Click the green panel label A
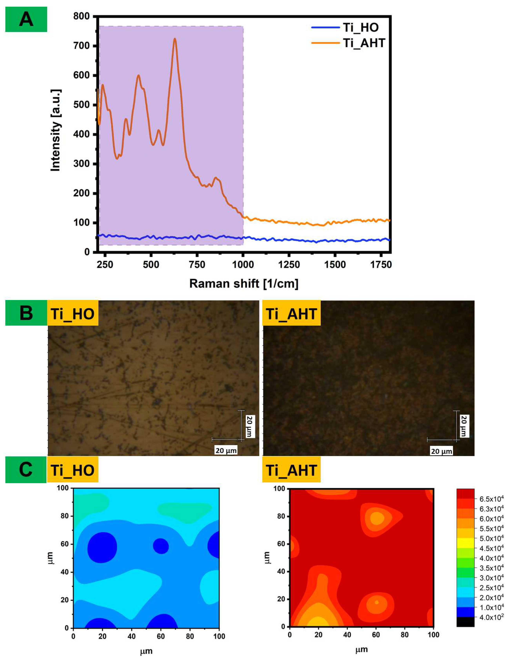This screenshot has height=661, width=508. (x=26, y=19)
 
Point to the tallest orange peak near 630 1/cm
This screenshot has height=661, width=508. (x=175, y=39)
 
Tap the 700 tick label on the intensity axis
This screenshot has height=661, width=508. (x=81, y=46)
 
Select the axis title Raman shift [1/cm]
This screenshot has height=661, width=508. (x=244, y=284)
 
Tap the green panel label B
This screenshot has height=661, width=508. (x=26, y=313)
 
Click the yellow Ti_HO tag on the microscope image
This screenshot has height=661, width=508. (x=73, y=314)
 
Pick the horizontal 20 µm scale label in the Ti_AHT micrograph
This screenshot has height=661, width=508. (x=441, y=451)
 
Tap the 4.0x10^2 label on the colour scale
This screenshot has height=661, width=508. (x=491, y=617)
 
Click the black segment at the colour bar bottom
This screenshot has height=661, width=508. (x=465, y=622)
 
